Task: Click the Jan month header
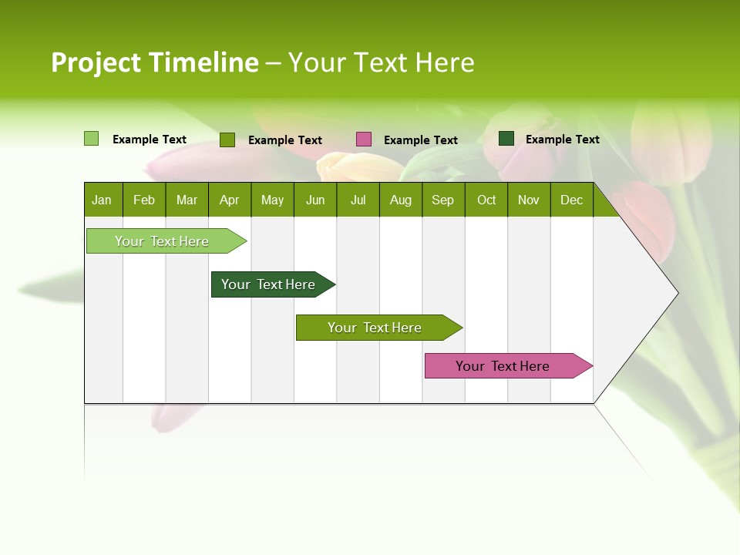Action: (x=102, y=200)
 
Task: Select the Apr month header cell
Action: (x=229, y=200)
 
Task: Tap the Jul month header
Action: (x=358, y=200)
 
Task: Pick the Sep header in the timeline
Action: (x=442, y=200)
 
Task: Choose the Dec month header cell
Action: (x=571, y=200)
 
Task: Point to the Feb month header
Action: (x=144, y=200)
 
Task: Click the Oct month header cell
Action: (x=486, y=200)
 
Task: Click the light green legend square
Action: (x=92, y=139)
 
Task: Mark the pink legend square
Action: (x=364, y=140)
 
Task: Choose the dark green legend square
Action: (x=506, y=139)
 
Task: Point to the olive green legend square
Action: (x=227, y=140)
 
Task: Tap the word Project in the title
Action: (x=96, y=62)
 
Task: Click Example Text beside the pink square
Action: (x=421, y=140)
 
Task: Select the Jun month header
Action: (x=315, y=200)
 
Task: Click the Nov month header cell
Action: (x=529, y=200)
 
